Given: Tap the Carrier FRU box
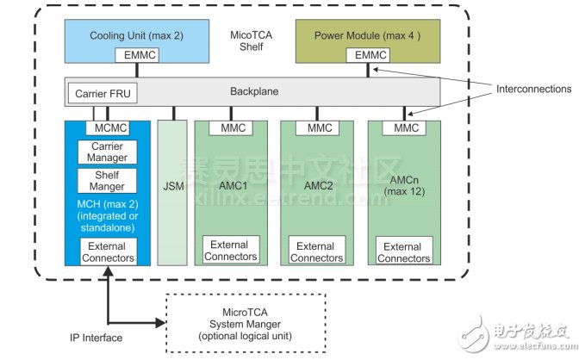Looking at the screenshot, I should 103,92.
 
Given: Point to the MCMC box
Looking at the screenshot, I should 108,128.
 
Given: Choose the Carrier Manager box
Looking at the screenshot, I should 108,152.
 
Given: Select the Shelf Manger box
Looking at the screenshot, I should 108,181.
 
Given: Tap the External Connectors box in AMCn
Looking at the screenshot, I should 404,252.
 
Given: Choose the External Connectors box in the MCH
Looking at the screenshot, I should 108,251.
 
